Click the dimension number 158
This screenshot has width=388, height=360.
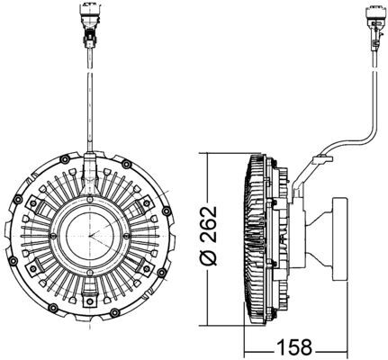coord(294,347)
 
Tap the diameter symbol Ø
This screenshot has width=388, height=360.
coord(209,258)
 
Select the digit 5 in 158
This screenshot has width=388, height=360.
coord(294,347)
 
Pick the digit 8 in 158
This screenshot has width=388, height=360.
coord(307,347)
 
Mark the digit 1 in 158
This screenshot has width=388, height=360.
coord(281,347)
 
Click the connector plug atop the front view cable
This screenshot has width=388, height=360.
coord(90,24)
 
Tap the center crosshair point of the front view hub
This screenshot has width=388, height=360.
coord(89,236)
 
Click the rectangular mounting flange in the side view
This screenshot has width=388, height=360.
coord(340,239)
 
